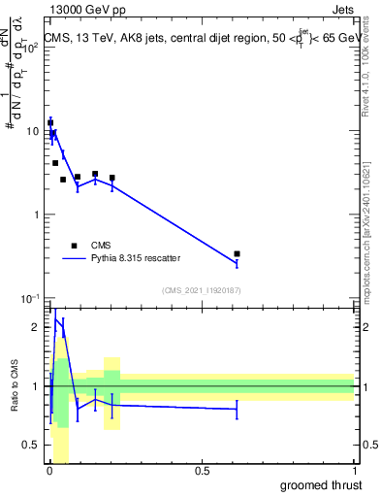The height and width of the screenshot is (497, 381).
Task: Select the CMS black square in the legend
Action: click(x=74, y=247)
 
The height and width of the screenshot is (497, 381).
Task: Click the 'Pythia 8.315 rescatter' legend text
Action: click(x=135, y=259)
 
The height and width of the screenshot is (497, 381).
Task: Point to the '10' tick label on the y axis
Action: click(x=33, y=130)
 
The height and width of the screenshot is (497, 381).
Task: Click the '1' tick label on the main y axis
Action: click(x=37, y=215)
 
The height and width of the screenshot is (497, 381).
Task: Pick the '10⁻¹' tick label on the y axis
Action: click(x=31, y=298)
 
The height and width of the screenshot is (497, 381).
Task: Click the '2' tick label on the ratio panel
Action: click(x=37, y=327)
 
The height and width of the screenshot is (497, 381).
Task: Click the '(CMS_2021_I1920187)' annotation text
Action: click(x=201, y=290)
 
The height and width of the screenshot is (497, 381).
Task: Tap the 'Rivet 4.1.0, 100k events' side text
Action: click(x=366, y=87)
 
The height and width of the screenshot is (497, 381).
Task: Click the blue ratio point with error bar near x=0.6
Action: click(x=237, y=410)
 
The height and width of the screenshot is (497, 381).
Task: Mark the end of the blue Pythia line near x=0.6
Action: click(x=237, y=263)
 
